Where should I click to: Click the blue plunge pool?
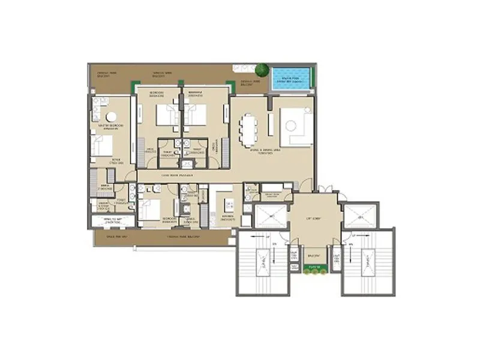click(292, 77)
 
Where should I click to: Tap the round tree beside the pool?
click(262, 70)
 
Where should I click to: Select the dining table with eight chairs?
click(248, 129)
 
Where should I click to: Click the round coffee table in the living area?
click(292, 125)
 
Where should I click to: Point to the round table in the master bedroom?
click(112, 117)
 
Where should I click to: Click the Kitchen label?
click(227, 219)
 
